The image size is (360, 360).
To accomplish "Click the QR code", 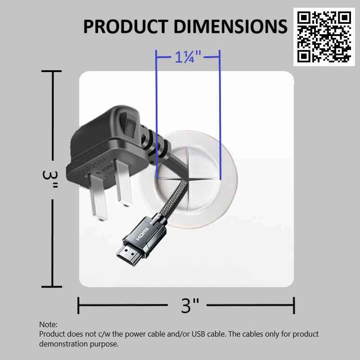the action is click(x=324, y=37).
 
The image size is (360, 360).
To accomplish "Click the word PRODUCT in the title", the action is click(x=126, y=27).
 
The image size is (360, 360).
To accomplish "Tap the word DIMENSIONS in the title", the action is click(x=230, y=27).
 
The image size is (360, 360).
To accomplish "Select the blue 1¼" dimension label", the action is click(x=188, y=57).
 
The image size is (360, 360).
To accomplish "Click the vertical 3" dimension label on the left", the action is click(x=49, y=179).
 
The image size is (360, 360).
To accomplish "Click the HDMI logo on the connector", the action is click(x=143, y=234).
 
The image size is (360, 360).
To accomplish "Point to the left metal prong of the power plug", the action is click(x=98, y=196).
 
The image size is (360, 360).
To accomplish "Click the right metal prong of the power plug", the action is click(x=124, y=183).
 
